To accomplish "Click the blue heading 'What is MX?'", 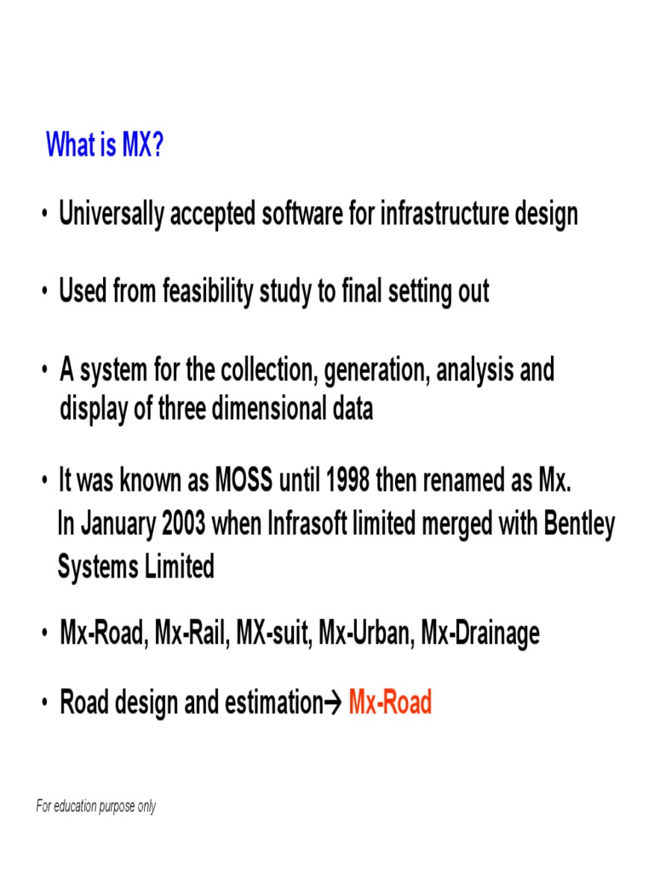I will (104, 146).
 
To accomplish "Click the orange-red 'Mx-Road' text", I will (390, 703).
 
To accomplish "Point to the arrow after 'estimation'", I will (333, 703).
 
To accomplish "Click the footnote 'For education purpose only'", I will (96, 806).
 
